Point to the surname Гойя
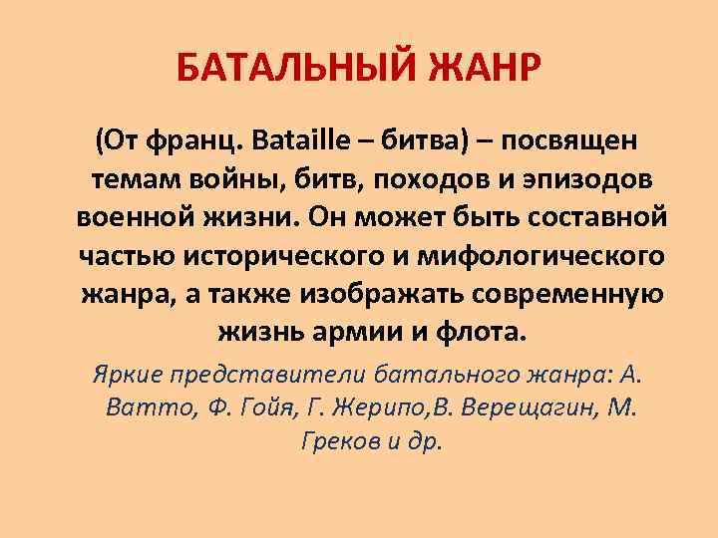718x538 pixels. (247, 406)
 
